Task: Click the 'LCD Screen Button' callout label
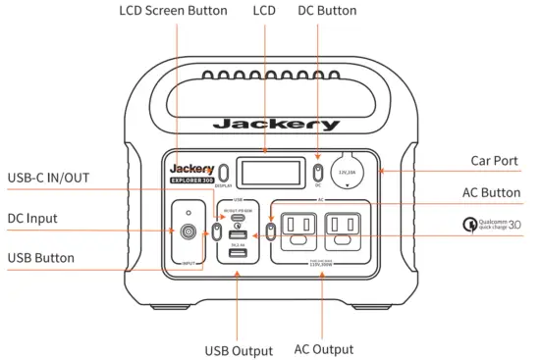pyautogui.click(x=173, y=11)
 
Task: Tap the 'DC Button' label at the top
pyautogui.click(x=326, y=11)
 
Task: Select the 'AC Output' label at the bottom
pyautogui.click(x=323, y=349)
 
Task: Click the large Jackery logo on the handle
pyautogui.click(x=276, y=125)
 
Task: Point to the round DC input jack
pyautogui.click(x=186, y=233)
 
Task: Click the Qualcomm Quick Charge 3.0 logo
pyautogui.click(x=492, y=227)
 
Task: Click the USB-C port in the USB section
pyautogui.click(x=239, y=218)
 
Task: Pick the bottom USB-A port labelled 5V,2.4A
pyautogui.click(x=239, y=254)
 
